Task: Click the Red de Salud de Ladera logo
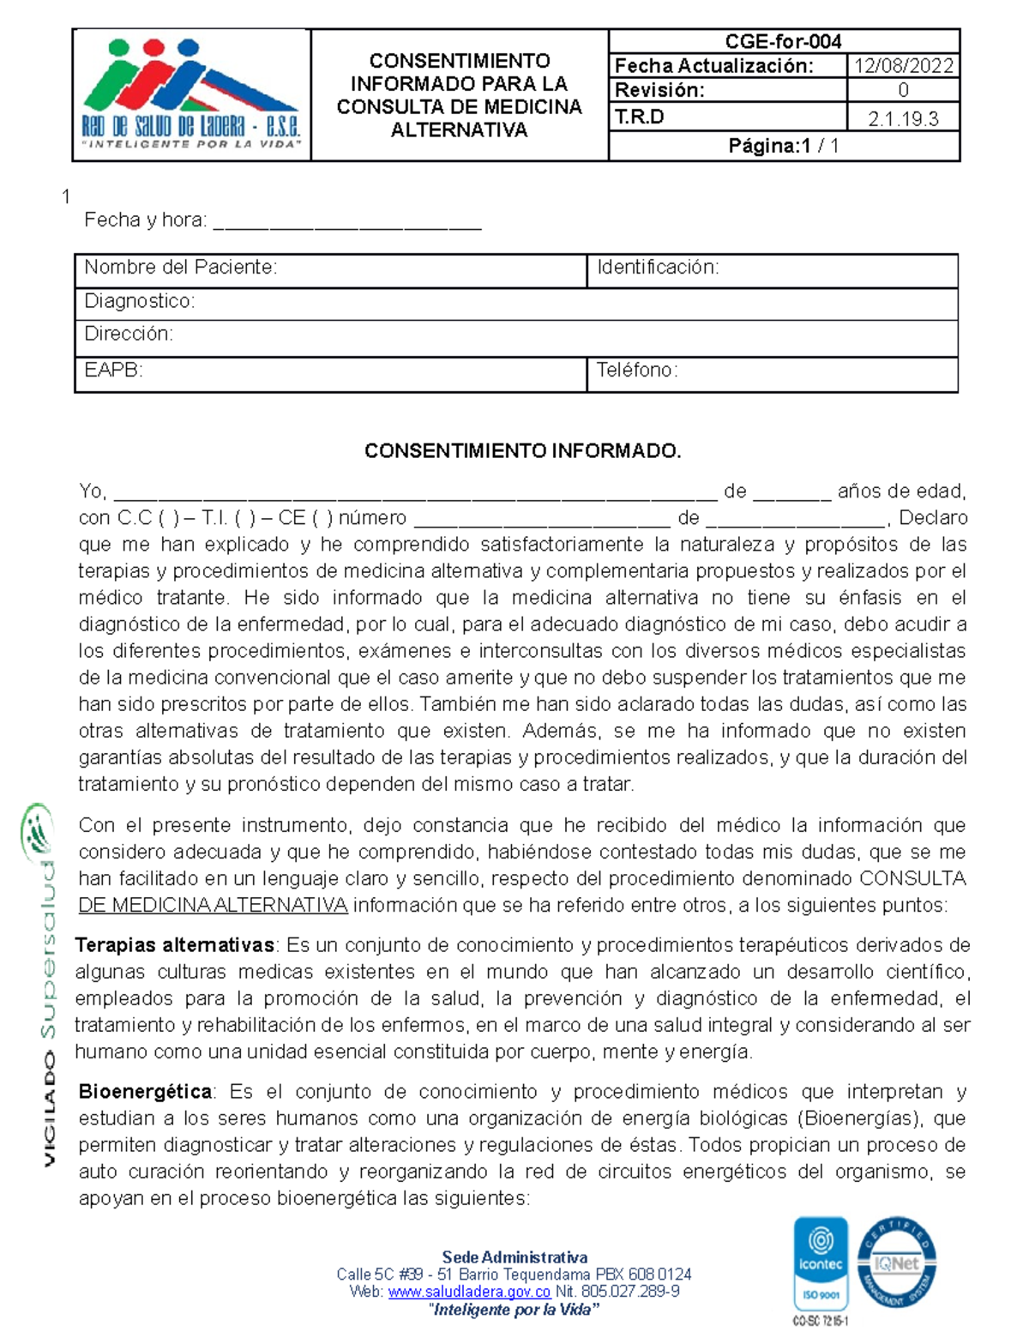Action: pyautogui.click(x=190, y=94)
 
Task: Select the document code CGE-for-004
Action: pyautogui.click(x=783, y=41)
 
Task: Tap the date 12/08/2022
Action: pyautogui.click(x=903, y=66)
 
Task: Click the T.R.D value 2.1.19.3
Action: pyautogui.click(x=903, y=119)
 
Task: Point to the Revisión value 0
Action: pyautogui.click(x=903, y=91)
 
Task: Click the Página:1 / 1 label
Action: pyautogui.click(x=783, y=147)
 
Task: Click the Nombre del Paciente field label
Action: pyautogui.click(x=180, y=268)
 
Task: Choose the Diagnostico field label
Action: pyautogui.click(x=140, y=301)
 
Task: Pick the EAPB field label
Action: pyautogui.click(x=113, y=371)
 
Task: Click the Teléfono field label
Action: pyautogui.click(x=637, y=371)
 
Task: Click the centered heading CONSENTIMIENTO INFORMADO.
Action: pyautogui.click(x=522, y=451)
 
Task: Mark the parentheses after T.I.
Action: pyautogui.click(x=244, y=518)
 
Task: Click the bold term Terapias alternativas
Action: pyautogui.click(x=175, y=946)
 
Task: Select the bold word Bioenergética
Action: pyautogui.click(x=146, y=1092)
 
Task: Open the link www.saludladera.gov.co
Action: pyautogui.click(x=469, y=1292)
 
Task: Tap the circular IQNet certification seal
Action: pyautogui.click(x=896, y=1262)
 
